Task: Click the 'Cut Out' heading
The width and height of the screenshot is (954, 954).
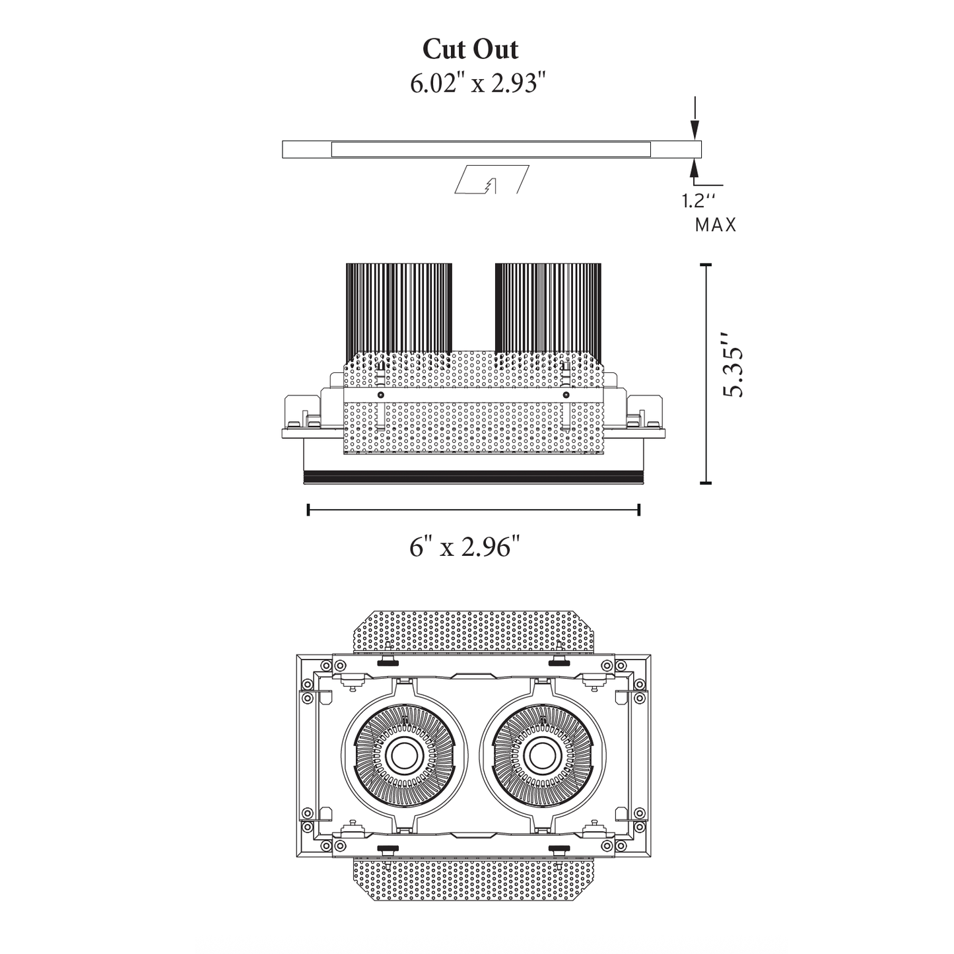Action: click(x=470, y=50)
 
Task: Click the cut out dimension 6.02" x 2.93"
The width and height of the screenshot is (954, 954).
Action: click(x=478, y=84)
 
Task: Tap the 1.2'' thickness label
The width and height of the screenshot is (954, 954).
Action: click(x=699, y=201)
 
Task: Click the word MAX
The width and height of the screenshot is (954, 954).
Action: click(x=715, y=225)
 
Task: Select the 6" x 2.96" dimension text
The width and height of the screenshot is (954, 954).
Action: click(x=465, y=547)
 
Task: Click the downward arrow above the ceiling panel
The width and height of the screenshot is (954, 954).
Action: click(x=694, y=125)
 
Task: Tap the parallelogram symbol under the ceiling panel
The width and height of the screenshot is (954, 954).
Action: click(x=492, y=180)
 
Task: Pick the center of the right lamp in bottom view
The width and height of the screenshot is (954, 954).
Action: click(x=542, y=753)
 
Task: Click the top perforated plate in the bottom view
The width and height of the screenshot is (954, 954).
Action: click(x=473, y=630)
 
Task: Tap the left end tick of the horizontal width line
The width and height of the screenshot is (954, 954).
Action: click(x=308, y=509)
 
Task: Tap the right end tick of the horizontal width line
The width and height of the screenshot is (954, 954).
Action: click(x=638, y=509)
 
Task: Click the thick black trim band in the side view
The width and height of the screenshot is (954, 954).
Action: click(x=473, y=473)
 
